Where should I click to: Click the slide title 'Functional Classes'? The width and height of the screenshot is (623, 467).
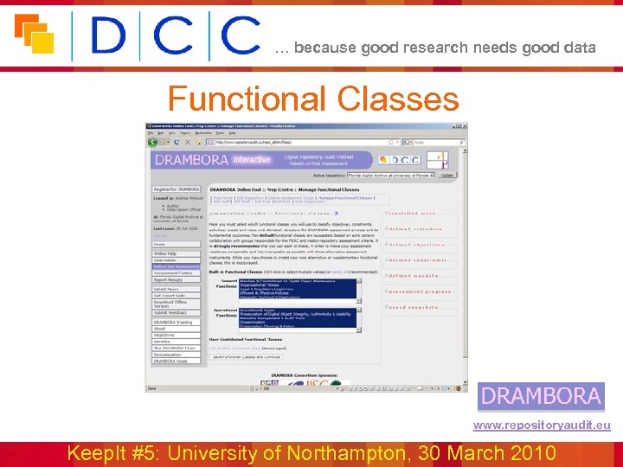click(x=312, y=99)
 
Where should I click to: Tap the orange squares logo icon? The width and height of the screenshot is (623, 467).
click(x=34, y=34)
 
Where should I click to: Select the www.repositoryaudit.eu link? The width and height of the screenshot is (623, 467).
click(x=542, y=425)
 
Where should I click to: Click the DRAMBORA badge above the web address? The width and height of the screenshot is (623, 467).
click(x=542, y=396)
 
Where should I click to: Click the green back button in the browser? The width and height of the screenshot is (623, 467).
click(x=153, y=142)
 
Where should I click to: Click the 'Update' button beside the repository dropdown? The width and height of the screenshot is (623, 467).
click(x=447, y=175)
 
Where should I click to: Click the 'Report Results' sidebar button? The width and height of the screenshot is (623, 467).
click(x=176, y=280)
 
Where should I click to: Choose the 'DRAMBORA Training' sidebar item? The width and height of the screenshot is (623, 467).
click(x=176, y=322)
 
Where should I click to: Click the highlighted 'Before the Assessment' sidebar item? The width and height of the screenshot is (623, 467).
click(x=176, y=266)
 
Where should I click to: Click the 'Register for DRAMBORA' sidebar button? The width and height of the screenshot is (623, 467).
click(x=177, y=189)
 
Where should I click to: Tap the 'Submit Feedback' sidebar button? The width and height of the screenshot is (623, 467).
click(x=176, y=312)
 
